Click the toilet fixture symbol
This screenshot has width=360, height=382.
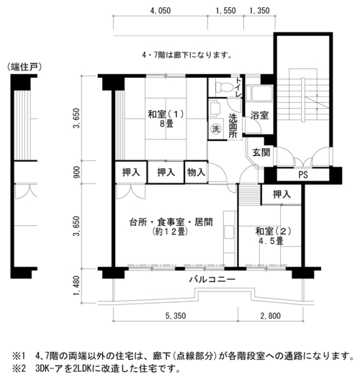click(x=224, y=87)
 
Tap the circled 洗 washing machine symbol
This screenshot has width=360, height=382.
click(x=215, y=129)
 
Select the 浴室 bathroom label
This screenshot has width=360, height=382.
click(x=259, y=115)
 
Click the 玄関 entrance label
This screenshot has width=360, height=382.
click(x=261, y=153)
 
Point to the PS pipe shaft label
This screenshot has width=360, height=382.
click(x=303, y=174)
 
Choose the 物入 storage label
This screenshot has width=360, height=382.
click(x=196, y=172)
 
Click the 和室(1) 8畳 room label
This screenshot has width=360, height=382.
click(x=166, y=119)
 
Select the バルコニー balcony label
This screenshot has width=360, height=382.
click(x=212, y=279)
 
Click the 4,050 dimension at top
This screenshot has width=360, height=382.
click(x=161, y=11)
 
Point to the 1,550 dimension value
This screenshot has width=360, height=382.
click(x=226, y=11)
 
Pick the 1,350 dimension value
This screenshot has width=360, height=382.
click(x=260, y=11)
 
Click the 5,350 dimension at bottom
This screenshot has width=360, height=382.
click(x=176, y=316)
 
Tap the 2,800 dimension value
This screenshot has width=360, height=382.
click(x=271, y=316)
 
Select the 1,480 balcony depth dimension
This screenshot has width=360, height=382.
click(x=76, y=286)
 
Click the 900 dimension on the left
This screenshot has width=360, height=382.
click(x=76, y=172)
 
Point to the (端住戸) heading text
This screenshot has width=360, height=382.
click(x=24, y=67)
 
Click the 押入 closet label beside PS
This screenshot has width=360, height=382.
click(x=282, y=194)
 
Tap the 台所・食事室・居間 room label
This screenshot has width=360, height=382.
click(x=171, y=222)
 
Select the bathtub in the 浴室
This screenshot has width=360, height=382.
click(x=259, y=94)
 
